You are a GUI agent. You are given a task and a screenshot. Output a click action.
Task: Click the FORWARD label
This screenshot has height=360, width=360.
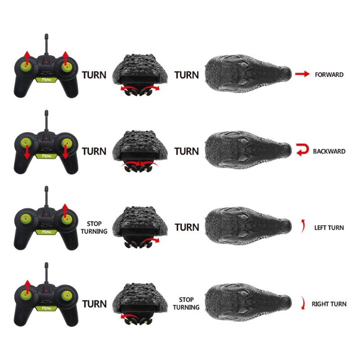329,75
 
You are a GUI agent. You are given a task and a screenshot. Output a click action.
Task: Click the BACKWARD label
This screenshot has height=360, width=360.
329,151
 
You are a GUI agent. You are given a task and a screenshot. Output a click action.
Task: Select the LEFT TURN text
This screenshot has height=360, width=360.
329,228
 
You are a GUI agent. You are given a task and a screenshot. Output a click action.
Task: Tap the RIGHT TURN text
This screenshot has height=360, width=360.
329,304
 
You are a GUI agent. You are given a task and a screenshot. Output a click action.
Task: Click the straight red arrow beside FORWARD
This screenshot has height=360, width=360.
302,74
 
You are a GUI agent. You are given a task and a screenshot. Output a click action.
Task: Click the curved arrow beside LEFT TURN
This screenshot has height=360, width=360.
303,226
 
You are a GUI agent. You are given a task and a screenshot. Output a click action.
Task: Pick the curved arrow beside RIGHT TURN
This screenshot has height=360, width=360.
303,302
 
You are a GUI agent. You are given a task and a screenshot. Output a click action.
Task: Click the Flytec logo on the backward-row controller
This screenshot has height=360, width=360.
46,156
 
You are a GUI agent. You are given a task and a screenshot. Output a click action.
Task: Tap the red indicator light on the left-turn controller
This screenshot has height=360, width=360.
46,215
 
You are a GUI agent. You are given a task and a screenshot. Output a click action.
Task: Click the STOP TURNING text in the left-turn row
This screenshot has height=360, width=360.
94,228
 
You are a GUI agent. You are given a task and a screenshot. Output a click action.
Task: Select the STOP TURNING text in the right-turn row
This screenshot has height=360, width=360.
186,303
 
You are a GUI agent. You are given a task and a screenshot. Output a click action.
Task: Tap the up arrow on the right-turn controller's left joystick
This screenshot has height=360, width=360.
27,287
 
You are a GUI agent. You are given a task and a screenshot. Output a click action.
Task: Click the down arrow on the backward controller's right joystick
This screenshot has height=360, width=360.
66,152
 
